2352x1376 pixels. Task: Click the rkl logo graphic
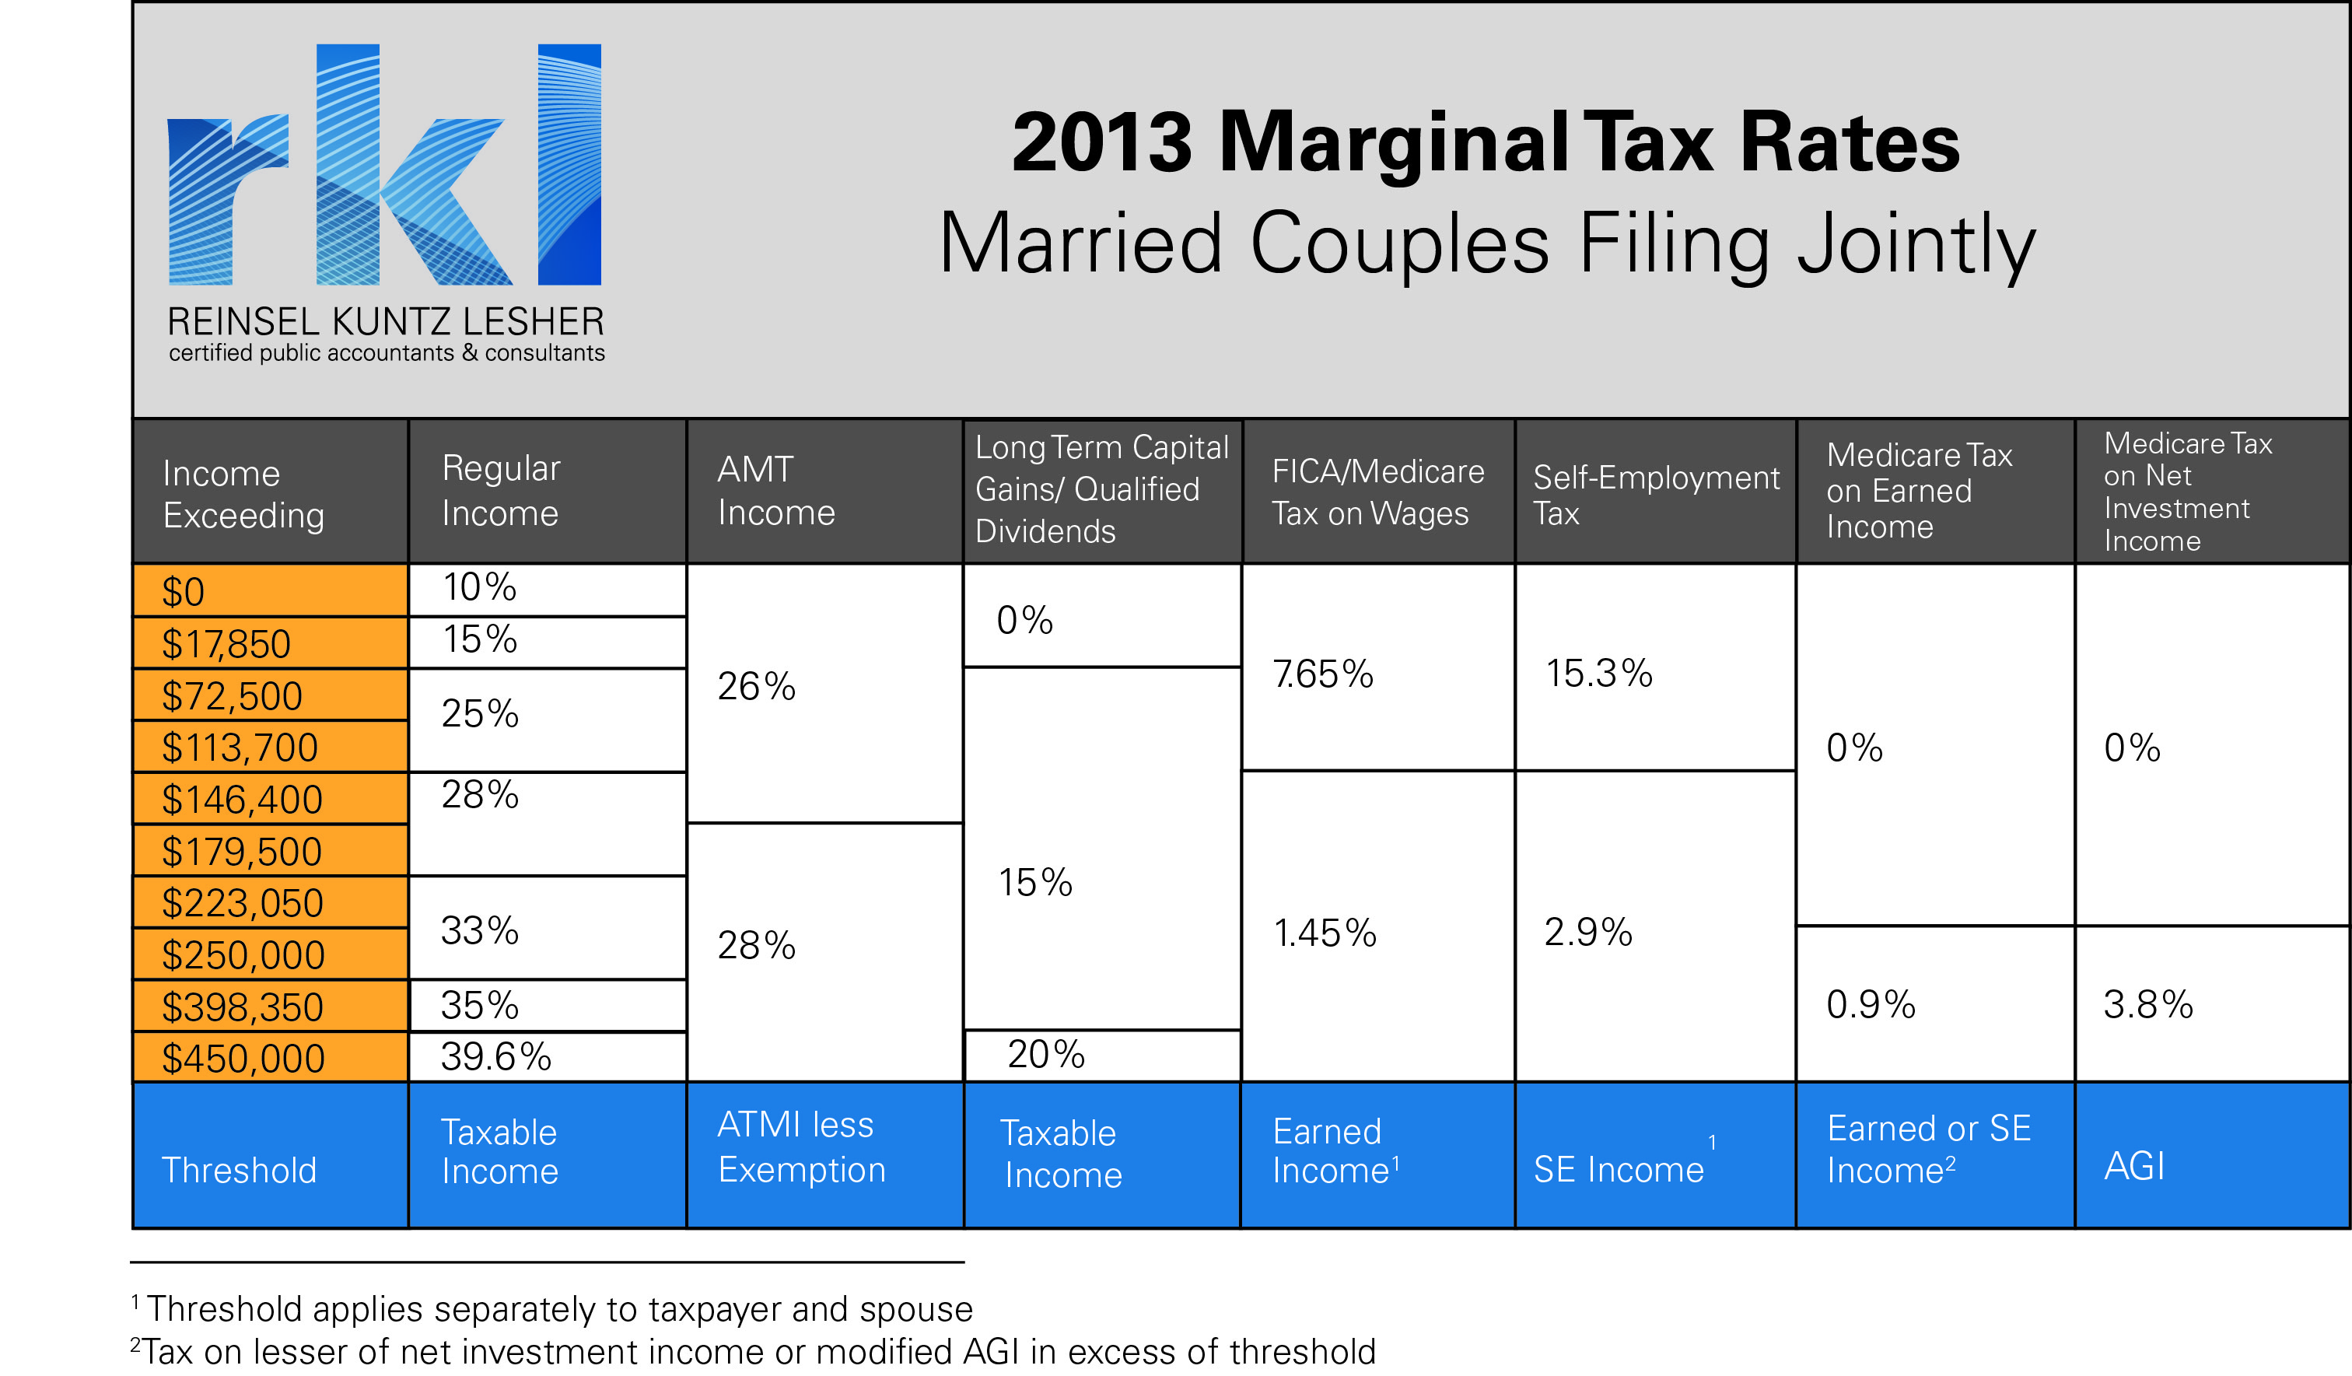[384, 164]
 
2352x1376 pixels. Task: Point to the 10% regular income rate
[479, 587]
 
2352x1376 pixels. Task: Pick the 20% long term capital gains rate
[1045, 1055]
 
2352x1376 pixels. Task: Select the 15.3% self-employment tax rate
[1599, 673]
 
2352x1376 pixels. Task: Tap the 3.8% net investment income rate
[2147, 1004]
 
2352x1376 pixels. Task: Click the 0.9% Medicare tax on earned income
[1871, 1004]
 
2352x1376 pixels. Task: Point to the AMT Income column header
[775, 491]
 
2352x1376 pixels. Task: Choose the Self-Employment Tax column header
[1655, 494]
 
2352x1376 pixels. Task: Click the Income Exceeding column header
[243, 494]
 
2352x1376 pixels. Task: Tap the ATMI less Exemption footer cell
[801, 1147]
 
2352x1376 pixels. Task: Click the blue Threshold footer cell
[239, 1170]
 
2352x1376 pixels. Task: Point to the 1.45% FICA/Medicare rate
[1325, 933]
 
